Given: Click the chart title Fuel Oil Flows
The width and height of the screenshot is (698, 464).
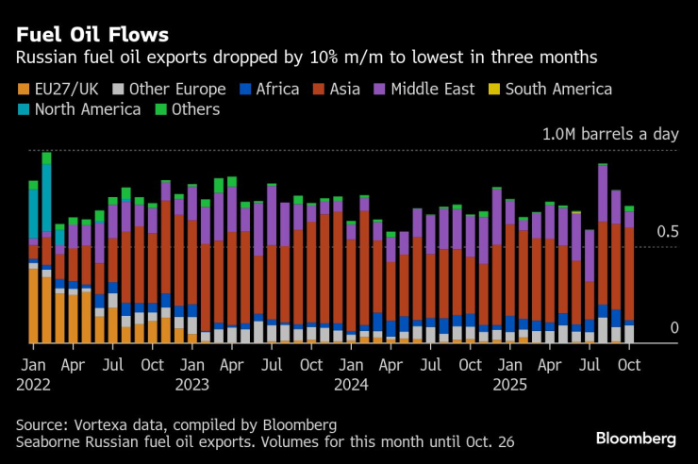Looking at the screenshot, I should (x=93, y=35).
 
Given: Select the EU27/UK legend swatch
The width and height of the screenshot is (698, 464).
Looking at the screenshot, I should (x=24, y=90).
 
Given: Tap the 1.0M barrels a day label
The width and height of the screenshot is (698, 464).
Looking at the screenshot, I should (x=610, y=134).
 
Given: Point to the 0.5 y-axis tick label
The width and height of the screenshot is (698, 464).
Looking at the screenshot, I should (x=668, y=232).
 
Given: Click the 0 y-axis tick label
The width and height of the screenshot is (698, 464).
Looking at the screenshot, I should (x=673, y=328).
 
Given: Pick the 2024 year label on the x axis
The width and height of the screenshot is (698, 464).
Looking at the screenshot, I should (x=351, y=384).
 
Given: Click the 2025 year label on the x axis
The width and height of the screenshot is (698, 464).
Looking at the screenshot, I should (x=510, y=384).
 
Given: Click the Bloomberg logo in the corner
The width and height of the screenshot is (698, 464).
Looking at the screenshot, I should (x=636, y=439).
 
